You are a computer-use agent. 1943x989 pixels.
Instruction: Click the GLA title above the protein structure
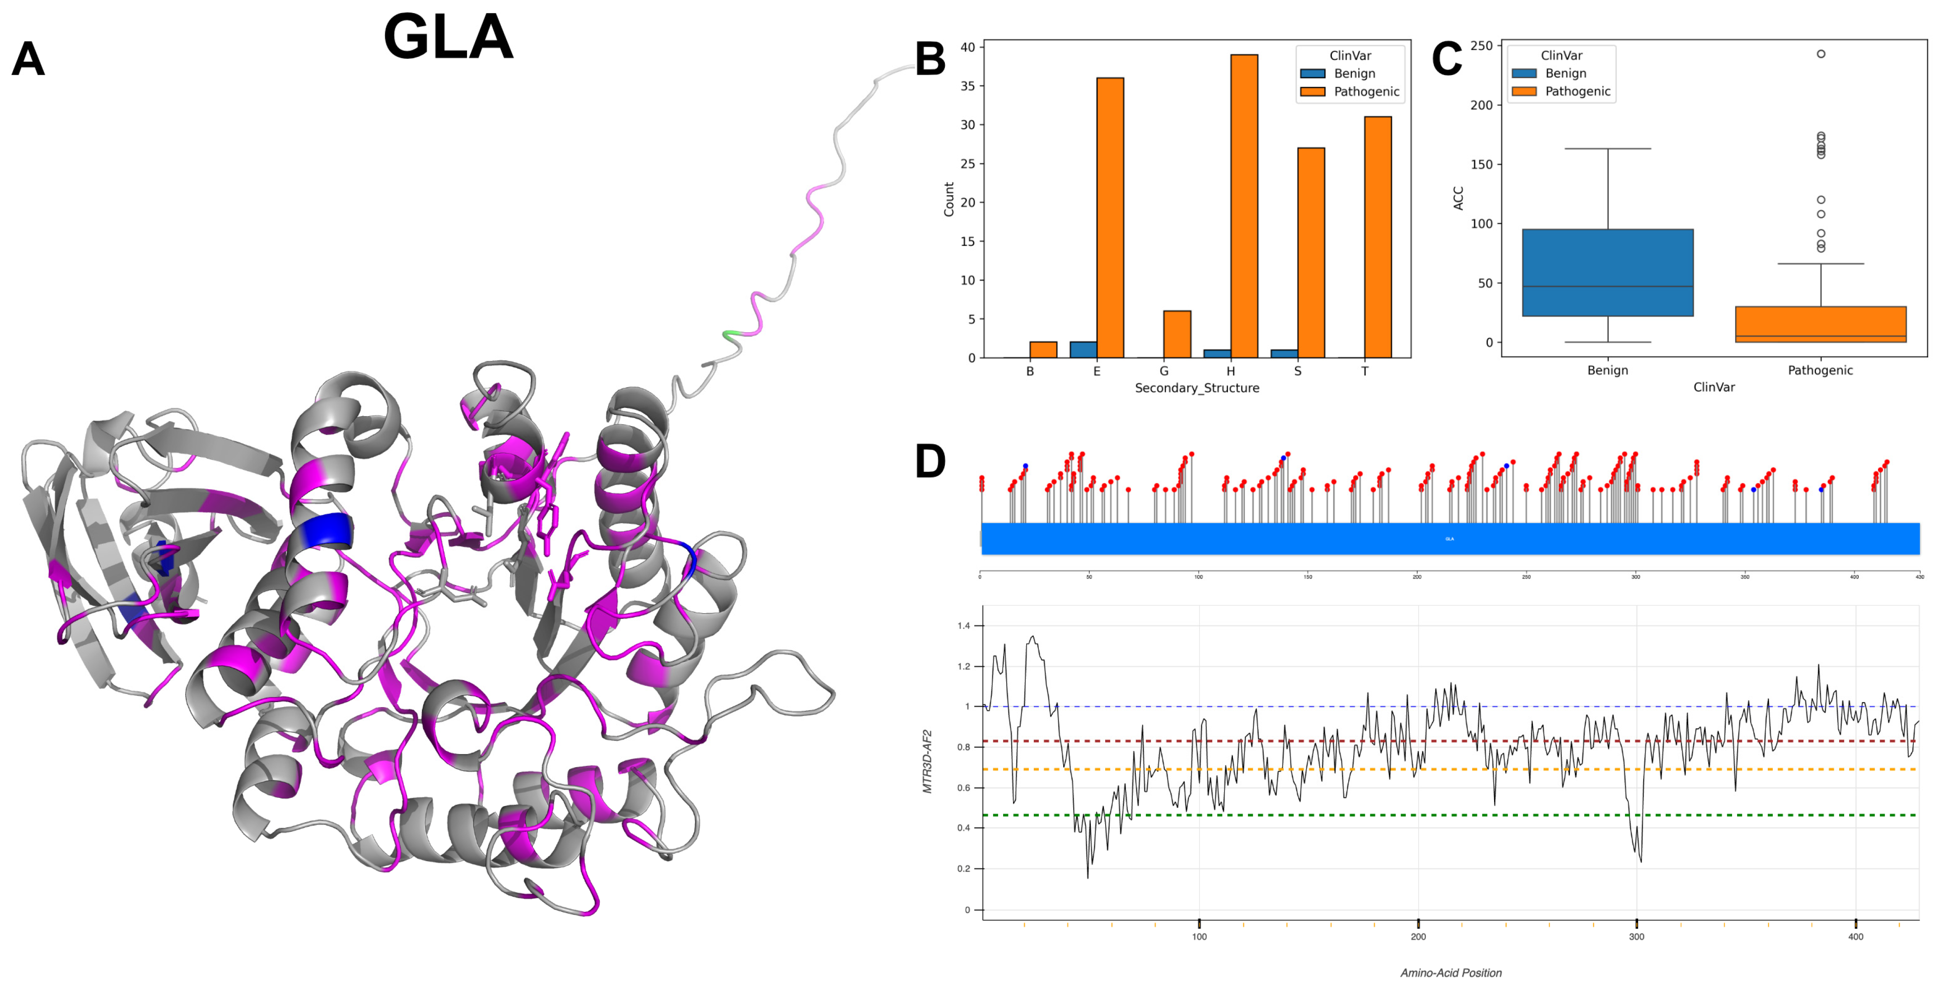click(x=448, y=37)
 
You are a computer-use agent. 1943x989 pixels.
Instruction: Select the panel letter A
click(x=28, y=59)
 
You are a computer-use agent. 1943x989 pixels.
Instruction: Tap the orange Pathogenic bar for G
click(x=1177, y=334)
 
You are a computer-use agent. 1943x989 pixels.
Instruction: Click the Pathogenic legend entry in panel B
click(x=1365, y=91)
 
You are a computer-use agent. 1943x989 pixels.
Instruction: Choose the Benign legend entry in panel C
click(x=1565, y=73)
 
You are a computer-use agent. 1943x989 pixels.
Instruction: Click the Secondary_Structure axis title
click(x=1196, y=388)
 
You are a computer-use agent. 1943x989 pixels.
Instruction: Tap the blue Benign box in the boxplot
click(x=1607, y=272)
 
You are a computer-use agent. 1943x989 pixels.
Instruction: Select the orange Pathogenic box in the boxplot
click(x=1820, y=324)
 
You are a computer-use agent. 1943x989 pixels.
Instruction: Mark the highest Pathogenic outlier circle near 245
click(x=1821, y=54)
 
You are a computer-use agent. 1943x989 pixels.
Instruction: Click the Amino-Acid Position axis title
click(x=1450, y=972)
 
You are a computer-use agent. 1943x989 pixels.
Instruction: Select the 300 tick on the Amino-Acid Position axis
click(x=1636, y=936)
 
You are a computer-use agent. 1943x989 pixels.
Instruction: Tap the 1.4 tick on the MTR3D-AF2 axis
click(x=963, y=625)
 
